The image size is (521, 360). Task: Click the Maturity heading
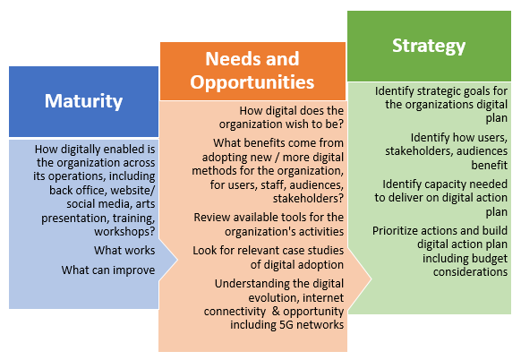84,101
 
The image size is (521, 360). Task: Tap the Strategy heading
429,46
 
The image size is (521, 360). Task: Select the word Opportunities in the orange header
252,82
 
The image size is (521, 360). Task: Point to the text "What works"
124,250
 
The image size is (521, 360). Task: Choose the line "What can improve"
108,270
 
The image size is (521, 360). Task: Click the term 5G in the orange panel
286,324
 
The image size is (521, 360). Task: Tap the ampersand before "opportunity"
276,311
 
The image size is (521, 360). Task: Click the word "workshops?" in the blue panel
124,231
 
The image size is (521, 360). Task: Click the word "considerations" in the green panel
470,272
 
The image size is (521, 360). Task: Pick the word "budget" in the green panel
490,258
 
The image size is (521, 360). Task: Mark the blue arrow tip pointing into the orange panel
177,260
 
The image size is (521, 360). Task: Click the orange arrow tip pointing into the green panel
371,279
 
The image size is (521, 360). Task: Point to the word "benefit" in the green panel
490,165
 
